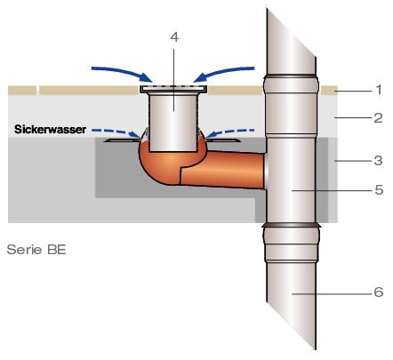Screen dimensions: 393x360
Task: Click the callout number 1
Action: [x=379, y=90]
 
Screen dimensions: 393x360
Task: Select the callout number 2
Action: [x=378, y=118]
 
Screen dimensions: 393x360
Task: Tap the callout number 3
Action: [x=378, y=161]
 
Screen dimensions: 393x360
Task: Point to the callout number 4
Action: [x=174, y=37]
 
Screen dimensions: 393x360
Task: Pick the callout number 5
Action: [x=379, y=190]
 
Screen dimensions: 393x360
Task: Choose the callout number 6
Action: [x=379, y=292]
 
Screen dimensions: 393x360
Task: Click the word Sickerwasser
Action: [x=50, y=130]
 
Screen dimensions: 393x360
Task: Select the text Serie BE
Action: [x=36, y=250]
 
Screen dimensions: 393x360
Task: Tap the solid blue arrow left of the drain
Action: [x=124, y=72]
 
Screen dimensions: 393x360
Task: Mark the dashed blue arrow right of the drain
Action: [x=229, y=132]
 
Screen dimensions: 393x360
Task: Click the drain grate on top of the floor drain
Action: [x=173, y=88]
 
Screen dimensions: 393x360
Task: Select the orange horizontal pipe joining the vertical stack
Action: [x=222, y=170]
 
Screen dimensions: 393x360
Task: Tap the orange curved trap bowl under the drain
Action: [x=160, y=167]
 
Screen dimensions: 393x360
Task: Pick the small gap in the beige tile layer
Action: [x=38, y=91]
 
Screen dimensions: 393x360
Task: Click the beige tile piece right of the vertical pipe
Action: [x=329, y=91]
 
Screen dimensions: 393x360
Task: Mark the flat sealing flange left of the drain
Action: [x=122, y=140]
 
